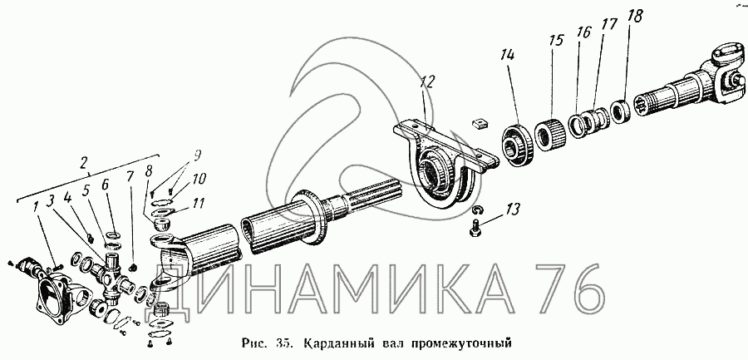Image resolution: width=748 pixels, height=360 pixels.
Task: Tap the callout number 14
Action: (507, 56)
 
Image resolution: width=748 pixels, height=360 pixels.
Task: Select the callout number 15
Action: (555, 40)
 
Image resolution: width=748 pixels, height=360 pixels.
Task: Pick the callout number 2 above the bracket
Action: (84, 165)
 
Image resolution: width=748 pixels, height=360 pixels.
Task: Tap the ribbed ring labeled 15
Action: (550, 134)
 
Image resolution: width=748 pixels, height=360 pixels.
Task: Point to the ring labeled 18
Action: (621, 116)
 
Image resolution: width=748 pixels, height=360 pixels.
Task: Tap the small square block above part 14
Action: (480, 125)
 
